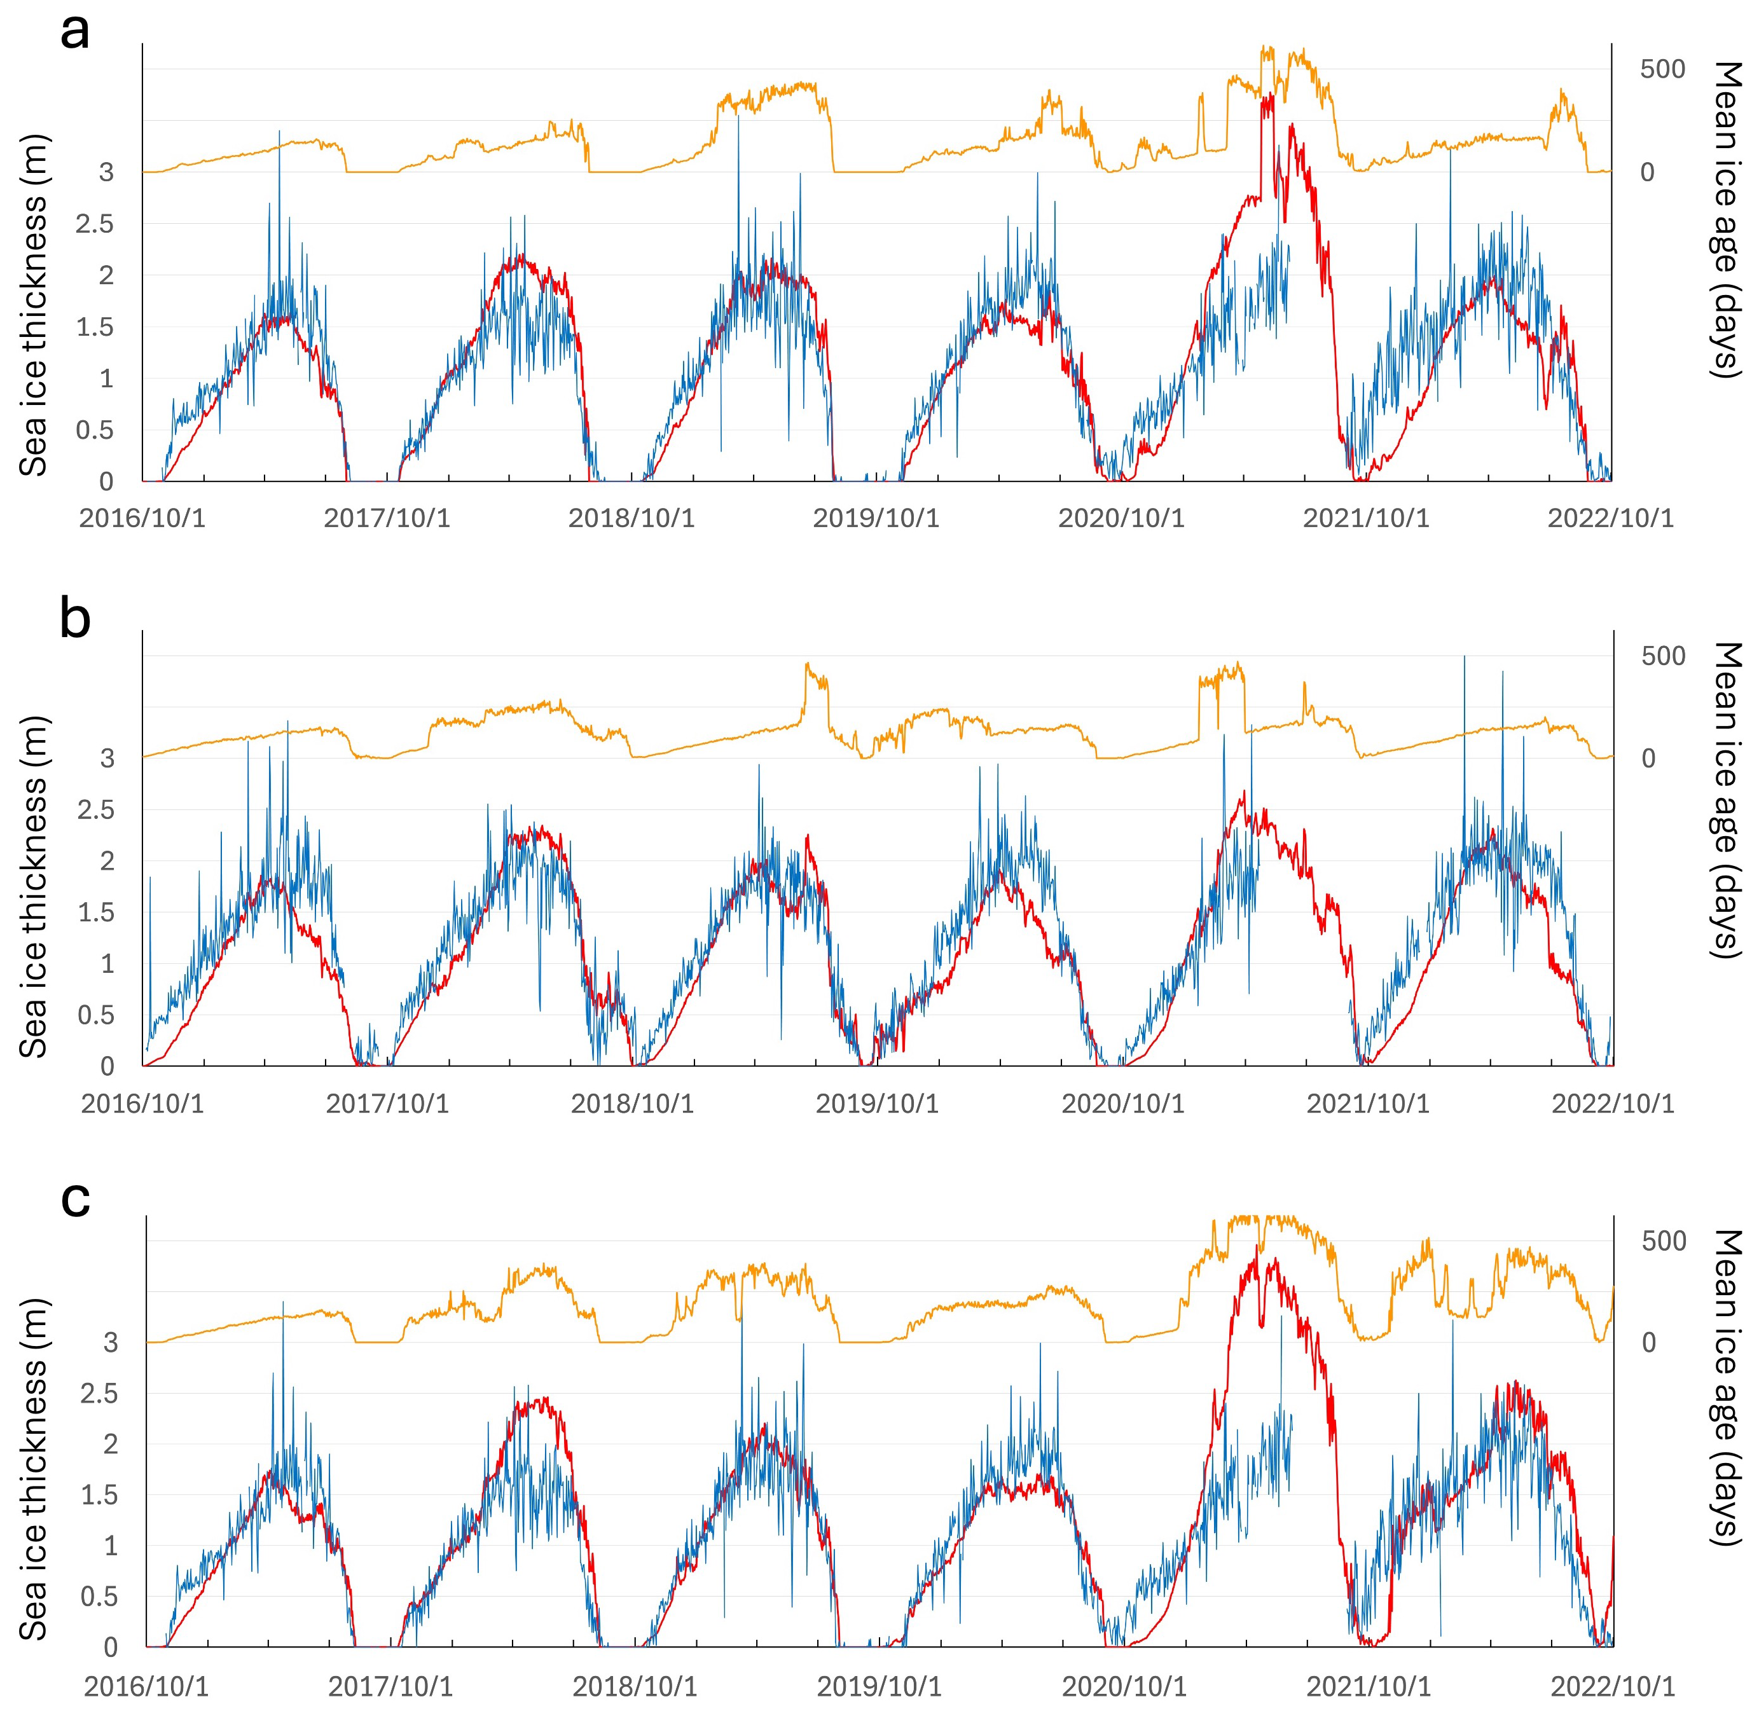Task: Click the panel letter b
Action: pyautogui.click(x=75, y=621)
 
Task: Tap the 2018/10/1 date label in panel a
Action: pyautogui.click(x=631, y=519)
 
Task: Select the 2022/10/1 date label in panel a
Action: pyautogui.click(x=1611, y=519)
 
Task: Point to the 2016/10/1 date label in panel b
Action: pyautogui.click(x=142, y=1104)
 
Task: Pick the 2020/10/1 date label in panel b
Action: pyautogui.click(x=1122, y=1104)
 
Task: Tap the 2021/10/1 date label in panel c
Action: pyautogui.click(x=1369, y=1687)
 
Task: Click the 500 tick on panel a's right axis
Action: pyautogui.click(x=1662, y=69)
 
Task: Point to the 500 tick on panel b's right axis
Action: pyautogui.click(x=1662, y=656)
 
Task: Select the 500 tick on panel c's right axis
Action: pyautogui.click(x=1662, y=1242)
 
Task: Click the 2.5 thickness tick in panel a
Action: pyautogui.click(x=95, y=224)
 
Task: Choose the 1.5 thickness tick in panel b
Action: pyautogui.click(x=95, y=912)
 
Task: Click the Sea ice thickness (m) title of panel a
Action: pyautogui.click(x=34, y=305)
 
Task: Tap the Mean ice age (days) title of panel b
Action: pyautogui.click(x=1725, y=801)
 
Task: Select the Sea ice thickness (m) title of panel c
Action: pyautogui.click(x=34, y=1471)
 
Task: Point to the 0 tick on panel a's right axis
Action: pyautogui.click(x=1648, y=172)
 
